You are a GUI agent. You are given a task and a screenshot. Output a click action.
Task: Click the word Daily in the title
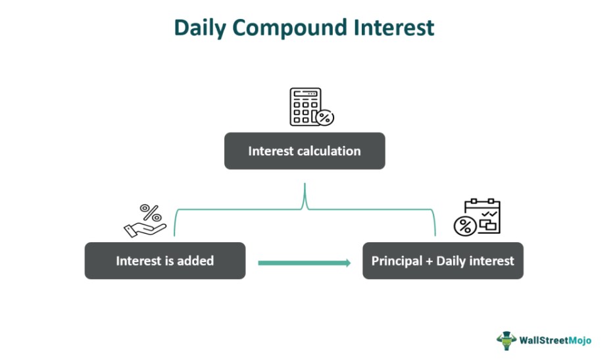pyautogui.click(x=200, y=28)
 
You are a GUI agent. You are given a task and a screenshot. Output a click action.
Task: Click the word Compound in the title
pyautogui.click(x=290, y=28)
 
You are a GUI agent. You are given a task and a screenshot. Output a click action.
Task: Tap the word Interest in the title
pyautogui.click(x=394, y=28)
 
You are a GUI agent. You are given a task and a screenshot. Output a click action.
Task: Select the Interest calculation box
pyautogui.click(x=305, y=151)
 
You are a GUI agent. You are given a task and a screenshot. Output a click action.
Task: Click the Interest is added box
pyautogui.click(x=164, y=261)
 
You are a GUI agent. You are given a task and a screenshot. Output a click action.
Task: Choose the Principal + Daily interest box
pyautogui.click(x=443, y=261)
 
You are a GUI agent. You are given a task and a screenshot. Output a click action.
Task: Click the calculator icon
pyautogui.click(x=311, y=107)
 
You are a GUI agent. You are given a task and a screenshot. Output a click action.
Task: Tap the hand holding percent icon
pyautogui.click(x=145, y=220)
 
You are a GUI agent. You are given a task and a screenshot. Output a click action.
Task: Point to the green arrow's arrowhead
pyautogui.click(x=348, y=263)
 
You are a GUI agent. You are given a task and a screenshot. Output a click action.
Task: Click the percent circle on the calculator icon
pyautogui.click(x=325, y=117)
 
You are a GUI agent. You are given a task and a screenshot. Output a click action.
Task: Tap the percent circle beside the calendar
pyautogui.click(x=465, y=226)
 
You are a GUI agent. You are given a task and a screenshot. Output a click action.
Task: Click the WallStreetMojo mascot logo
pyautogui.click(x=506, y=340)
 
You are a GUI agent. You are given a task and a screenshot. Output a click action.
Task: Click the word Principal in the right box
pyautogui.click(x=397, y=261)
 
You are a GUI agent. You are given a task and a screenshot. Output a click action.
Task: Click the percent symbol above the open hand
pyautogui.click(x=151, y=213)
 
